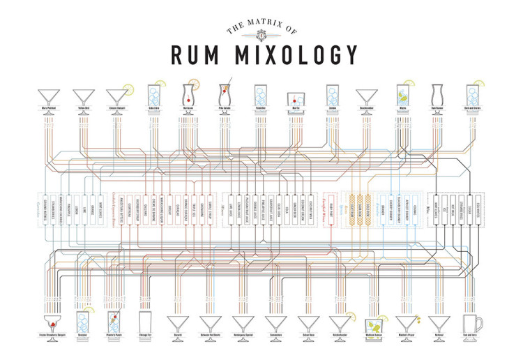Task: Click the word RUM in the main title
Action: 199,54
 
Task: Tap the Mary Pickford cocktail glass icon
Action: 48,96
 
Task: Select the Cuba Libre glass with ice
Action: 153,95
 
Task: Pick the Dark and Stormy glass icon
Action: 472,95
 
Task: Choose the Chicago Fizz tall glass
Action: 145,322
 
